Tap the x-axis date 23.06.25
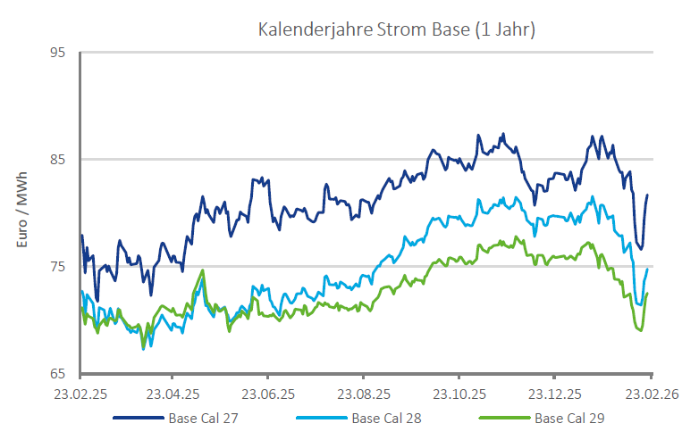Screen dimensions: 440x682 point(269,393)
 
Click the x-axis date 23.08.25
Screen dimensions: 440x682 point(365,393)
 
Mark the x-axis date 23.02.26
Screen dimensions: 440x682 point(649,393)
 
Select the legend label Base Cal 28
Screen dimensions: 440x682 point(385,418)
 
